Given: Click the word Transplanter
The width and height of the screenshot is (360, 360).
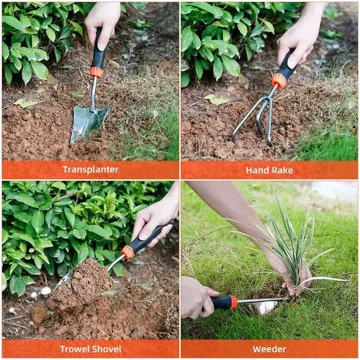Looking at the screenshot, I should [x=90, y=169].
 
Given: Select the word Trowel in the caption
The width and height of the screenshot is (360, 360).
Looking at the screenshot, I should [x=74, y=349].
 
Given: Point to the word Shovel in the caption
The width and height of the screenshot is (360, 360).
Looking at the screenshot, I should [x=106, y=349].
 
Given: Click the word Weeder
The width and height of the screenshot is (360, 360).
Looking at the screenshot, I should [x=270, y=349].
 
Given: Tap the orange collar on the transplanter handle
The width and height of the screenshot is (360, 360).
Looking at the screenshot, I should [x=96, y=72].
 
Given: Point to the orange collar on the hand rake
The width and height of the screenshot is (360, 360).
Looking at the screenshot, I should [x=279, y=80].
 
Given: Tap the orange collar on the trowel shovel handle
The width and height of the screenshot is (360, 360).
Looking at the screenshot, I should [x=128, y=252].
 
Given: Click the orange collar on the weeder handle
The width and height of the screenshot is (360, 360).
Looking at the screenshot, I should [x=233, y=302].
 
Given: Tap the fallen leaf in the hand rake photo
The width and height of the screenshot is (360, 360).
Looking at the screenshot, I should [x=217, y=100].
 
